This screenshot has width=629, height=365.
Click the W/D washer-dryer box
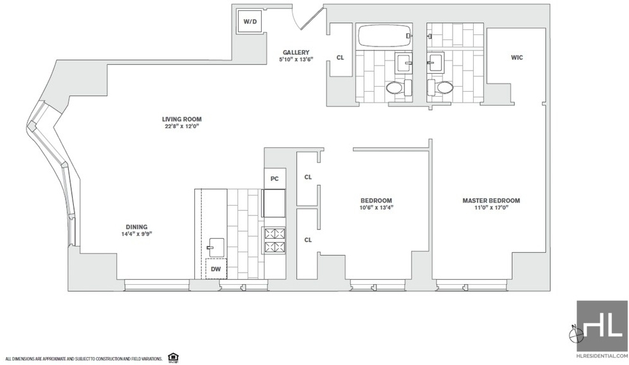(x=250, y=21)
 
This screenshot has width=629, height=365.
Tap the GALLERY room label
(x=296, y=52)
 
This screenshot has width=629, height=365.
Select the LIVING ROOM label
(x=181, y=119)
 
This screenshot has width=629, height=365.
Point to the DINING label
(x=136, y=227)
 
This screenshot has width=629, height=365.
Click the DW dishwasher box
(x=216, y=269)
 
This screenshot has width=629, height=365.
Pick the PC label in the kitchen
(x=274, y=178)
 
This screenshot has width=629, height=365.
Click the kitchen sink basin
(x=216, y=247)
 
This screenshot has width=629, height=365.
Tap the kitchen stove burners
(x=274, y=240)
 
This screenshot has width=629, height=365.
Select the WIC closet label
(x=517, y=57)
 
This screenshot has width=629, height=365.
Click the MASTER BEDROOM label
(x=491, y=201)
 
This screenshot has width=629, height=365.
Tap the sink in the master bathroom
(x=435, y=62)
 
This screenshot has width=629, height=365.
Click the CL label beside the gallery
(x=340, y=57)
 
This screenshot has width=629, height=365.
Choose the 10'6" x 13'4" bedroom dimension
(x=376, y=208)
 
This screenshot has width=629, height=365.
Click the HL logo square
(x=602, y=326)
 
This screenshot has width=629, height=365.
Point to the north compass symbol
(x=576, y=333)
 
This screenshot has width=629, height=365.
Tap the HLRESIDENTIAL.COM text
(x=602, y=356)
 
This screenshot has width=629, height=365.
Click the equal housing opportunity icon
(x=173, y=357)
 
